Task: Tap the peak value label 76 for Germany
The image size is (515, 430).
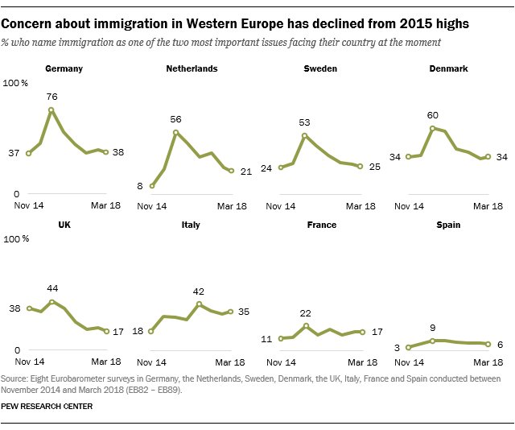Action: coord(51,97)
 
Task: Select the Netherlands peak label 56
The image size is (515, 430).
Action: coord(176,119)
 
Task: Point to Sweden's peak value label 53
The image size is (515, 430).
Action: coord(304,122)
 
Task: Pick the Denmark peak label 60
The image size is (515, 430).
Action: coord(433,115)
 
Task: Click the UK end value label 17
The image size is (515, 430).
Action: coord(117,331)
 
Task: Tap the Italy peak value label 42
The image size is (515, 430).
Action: coord(200,291)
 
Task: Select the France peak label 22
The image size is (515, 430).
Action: coord(306,313)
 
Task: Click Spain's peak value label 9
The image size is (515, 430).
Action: coord(433,328)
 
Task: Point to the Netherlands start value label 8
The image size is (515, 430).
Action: coord(140,186)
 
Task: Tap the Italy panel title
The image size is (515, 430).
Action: coord(192,225)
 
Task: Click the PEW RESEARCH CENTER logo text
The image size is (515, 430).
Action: coord(47,407)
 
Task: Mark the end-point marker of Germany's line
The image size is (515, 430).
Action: coord(105,151)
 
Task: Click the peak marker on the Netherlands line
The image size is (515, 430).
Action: coord(176,132)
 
